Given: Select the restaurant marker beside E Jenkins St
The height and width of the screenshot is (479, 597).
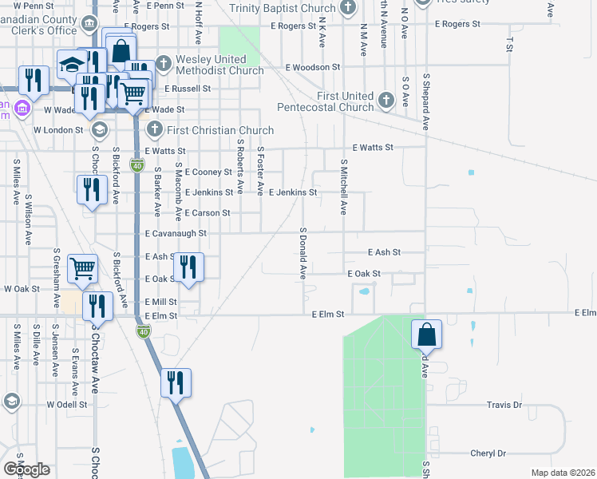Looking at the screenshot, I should (92, 190).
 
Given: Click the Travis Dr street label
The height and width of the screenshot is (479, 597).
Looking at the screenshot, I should (504, 406).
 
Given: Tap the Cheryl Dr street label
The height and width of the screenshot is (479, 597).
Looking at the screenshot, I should (488, 453).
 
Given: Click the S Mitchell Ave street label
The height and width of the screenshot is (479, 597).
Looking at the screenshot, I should (344, 190).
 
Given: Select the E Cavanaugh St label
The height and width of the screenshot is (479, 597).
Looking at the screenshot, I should (176, 234).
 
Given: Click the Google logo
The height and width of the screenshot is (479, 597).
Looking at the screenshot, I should (26, 469).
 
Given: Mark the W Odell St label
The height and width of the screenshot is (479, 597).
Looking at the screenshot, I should (66, 405).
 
